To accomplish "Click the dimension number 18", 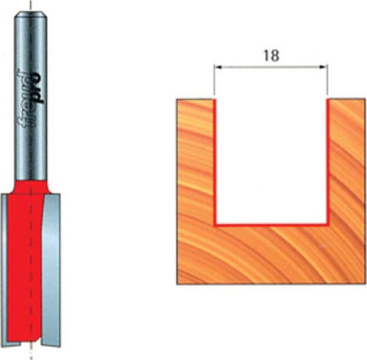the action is point(272,56).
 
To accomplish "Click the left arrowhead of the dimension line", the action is point(219,67).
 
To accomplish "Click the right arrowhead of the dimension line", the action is point(323,67).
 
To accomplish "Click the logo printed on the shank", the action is point(30,100).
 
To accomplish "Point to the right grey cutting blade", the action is point(51,269).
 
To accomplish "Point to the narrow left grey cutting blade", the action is point(3,269).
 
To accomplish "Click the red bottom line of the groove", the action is point(272,225).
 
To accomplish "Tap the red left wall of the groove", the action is point(215,162).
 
